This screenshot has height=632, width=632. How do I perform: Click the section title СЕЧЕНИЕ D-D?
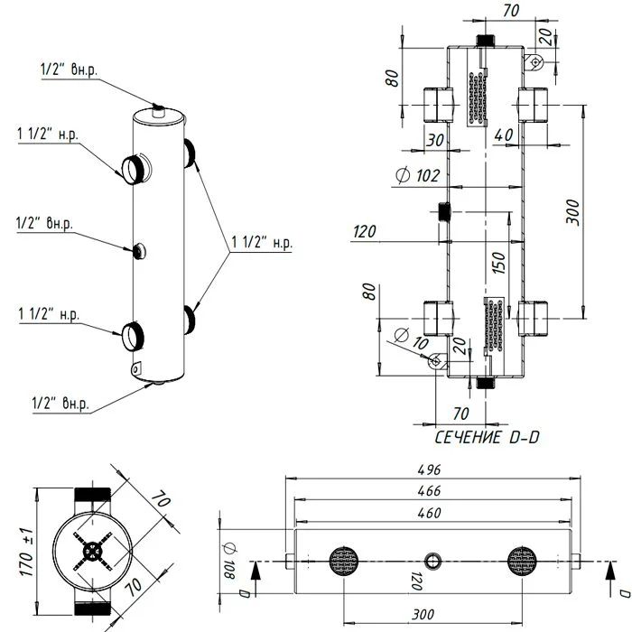[487, 437]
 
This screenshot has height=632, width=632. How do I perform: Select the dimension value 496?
[429, 470]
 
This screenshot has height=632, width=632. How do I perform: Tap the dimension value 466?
[429, 491]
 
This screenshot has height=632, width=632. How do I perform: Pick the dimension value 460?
[429, 513]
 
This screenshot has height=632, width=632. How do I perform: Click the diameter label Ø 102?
[417, 176]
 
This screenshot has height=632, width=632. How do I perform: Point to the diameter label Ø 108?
[229, 561]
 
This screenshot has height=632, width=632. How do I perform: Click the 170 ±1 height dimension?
[26, 552]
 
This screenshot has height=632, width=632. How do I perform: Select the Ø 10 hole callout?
[411, 339]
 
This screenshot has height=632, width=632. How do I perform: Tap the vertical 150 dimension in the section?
[499, 263]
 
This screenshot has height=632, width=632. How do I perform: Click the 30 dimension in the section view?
[435, 140]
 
